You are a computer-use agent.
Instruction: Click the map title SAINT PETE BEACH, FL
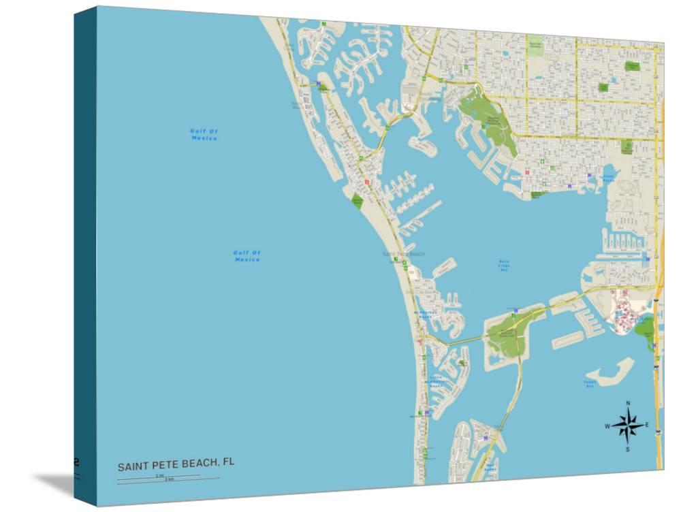coord(176,465)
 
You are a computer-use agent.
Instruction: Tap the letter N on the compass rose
coord(628,403)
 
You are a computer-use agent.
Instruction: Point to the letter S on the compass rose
coord(628,449)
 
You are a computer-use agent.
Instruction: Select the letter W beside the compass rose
coord(607,426)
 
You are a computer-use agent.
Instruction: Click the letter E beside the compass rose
coord(647,426)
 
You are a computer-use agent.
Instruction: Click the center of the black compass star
coord(628,426)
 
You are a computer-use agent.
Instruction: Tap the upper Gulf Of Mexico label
coord(204,134)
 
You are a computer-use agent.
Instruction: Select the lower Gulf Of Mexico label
coord(247,256)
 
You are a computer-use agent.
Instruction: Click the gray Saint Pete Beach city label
coord(403,254)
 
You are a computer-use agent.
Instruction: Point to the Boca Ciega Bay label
coord(504,266)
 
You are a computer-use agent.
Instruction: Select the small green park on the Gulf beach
coord(357,200)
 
